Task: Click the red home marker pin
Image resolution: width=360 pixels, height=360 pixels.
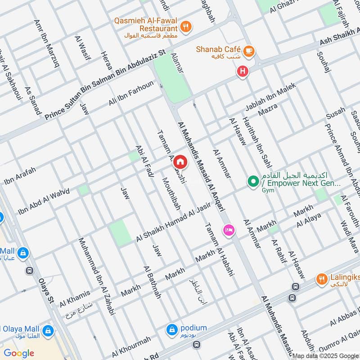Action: (x=180, y=161)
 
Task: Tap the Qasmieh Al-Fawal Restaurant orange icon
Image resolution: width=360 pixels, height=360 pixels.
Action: (x=186, y=26)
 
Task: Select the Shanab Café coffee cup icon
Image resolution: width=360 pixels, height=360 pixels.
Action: (x=248, y=52)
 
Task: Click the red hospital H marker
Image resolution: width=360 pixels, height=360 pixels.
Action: (x=243, y=71)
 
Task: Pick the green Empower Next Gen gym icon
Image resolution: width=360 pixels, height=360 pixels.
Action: (x=253, y=182)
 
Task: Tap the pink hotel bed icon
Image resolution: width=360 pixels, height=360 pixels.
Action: (x=228, y=230)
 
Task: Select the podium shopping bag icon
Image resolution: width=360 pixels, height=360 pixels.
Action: (x=172, y=329)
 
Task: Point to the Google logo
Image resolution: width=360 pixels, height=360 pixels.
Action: (x=19, y=353)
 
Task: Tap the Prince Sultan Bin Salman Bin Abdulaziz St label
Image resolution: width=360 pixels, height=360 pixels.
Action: (x=105, y=85)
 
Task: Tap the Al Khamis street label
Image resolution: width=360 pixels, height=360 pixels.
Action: (x=75, y=296)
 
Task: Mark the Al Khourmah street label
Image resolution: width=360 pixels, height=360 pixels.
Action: (x=131, y=345)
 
